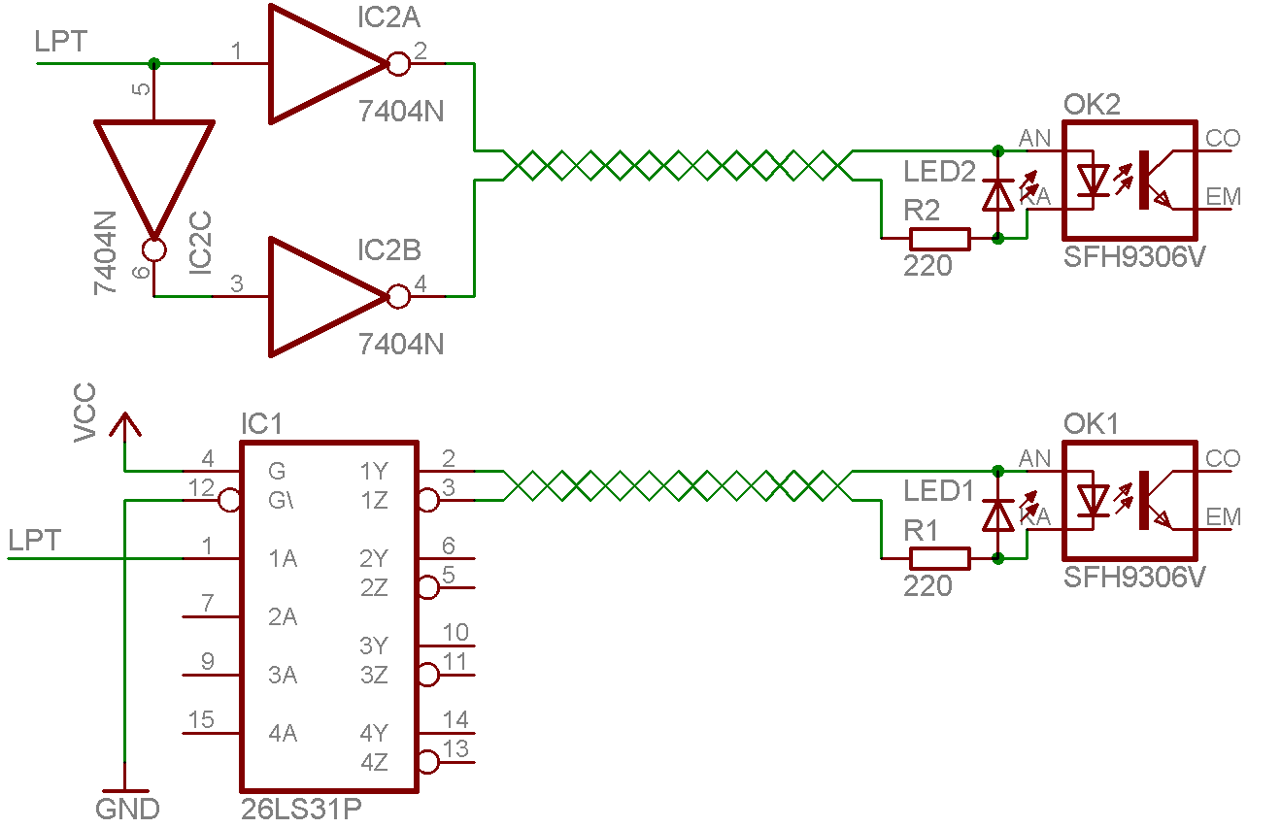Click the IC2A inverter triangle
click(320, 64)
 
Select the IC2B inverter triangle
click(320, 296)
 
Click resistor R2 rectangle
click(939, 238)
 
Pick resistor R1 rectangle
click(939, 558)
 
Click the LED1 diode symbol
click(998, 515)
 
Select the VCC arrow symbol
click(124, 425)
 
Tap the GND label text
click(127, 808)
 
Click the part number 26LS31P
click(301, 809)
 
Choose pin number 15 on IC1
click(202, 720)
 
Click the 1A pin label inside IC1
click(283, 559)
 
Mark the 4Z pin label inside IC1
click(375, 763)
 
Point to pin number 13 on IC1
click(455, 749)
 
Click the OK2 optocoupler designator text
click(1092, 105)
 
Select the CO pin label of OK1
click(1223, 458)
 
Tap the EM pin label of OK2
click(1223, 197)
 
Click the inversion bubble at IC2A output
click(397, 64)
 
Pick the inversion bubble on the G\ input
click(229, 501)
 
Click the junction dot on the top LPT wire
click(153, 64)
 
